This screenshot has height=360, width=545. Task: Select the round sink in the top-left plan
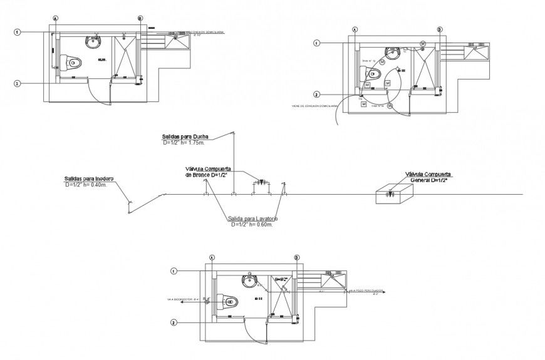click(93, 41)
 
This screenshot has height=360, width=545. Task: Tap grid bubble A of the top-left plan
click(55, 19)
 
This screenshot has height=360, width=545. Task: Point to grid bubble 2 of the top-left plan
click(18, 83)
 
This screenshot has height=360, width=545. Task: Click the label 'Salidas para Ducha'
click(185, 136)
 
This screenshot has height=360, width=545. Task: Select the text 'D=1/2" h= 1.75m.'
click(185, 143)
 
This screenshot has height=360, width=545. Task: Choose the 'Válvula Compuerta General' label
click(428, 177)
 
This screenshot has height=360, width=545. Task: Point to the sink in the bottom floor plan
click(250, 280)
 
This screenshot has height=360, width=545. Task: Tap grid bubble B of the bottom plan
click(296, 257)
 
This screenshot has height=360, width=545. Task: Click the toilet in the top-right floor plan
click(374, 73)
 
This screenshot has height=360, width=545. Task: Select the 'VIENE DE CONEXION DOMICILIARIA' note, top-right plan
click(315, 106)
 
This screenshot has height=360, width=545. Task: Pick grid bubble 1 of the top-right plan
click(317, 43)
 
